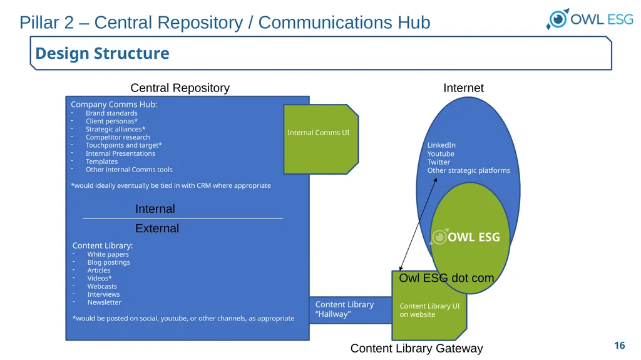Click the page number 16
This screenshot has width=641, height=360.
(619, 345)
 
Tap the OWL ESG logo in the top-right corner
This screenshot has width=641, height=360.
(590, 19)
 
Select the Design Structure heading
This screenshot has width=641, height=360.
(102, 53)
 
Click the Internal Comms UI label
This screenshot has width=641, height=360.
(318, 133)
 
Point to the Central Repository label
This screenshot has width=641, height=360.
(180, 88)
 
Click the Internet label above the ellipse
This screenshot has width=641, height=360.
(464, 88)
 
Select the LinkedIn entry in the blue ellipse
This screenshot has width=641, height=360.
(441, 145)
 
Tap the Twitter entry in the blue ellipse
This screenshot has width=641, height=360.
(438, 162)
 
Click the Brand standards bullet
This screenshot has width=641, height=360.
(111, 113)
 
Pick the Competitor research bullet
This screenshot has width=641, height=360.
(118, 138)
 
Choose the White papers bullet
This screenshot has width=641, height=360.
(108, 254)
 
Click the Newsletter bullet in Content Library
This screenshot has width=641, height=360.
(105, 302)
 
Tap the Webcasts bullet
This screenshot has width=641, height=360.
(102, 286)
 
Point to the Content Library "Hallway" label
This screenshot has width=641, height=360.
(344, 309)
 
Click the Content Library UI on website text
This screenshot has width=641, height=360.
(429, 310)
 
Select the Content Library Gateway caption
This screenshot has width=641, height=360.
(416, 349)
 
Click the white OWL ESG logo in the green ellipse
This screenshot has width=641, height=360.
(465, 237)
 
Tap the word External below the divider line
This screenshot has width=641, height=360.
(157, 229)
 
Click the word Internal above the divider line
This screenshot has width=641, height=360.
(155, 209)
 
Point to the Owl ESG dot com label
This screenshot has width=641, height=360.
(446, 278)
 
